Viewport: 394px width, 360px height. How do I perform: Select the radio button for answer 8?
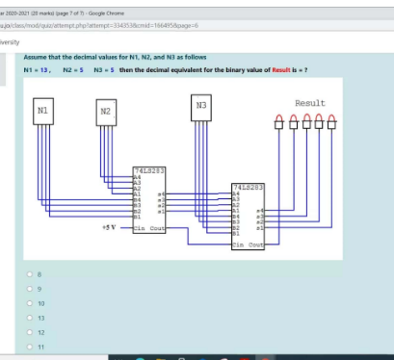pyautogui.click(x=40, y=273)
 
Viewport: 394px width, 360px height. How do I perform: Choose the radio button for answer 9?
pyautogui.click(x=40, y=287)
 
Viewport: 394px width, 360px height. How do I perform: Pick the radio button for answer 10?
pyautogui.click(x=40, y=301)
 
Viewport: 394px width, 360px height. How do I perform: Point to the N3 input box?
pyautogui.click(x=200, y=109)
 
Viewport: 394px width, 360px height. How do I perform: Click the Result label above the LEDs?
pyautogui.click(x=309, y=103)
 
